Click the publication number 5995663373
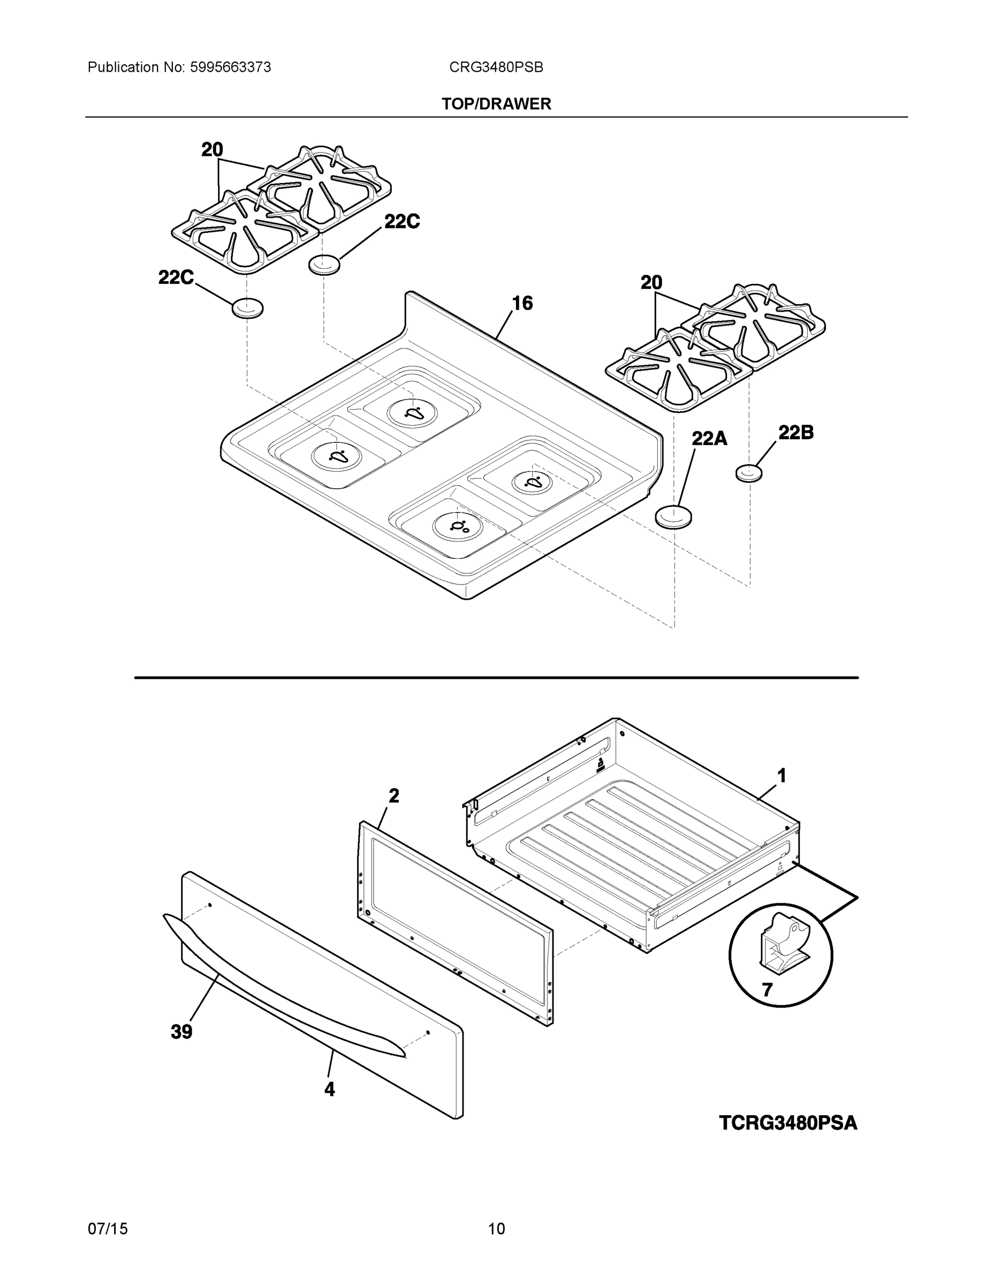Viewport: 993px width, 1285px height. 230,67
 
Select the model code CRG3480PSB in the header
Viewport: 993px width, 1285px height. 496,67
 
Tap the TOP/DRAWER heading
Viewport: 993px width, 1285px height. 496,104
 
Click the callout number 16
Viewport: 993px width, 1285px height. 522,304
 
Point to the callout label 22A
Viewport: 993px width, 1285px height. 709,439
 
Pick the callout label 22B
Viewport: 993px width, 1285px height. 795,433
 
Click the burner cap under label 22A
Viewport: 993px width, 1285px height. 673,517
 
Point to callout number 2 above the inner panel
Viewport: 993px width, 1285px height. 393,796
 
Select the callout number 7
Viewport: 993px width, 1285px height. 767,990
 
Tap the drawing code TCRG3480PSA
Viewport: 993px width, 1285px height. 787,1123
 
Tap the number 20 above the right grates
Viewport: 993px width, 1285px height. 651,283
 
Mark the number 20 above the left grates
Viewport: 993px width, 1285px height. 212,150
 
